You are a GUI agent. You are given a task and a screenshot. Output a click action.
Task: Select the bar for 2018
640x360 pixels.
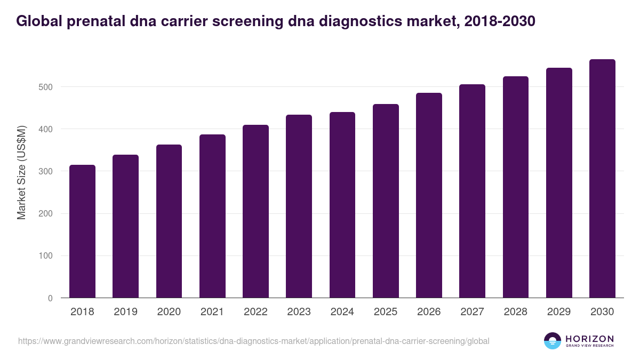click(82, 231)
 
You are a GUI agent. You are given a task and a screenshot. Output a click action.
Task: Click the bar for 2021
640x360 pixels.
click(212, 216)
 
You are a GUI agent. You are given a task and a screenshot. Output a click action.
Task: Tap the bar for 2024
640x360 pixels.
click(342, 205)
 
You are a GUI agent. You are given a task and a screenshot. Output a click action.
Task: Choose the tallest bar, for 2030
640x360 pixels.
click(602, 179)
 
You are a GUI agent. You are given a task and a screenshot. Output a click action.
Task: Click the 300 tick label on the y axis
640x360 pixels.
click(46, 171)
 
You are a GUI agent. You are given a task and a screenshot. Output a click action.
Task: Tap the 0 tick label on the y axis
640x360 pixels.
click(50, 298)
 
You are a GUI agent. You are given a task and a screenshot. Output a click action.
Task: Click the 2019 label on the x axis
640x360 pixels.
click(125, 312)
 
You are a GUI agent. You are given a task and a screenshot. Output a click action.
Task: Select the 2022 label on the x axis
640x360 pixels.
click(255, 312)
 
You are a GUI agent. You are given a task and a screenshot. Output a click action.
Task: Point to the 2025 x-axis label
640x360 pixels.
click(386, 312)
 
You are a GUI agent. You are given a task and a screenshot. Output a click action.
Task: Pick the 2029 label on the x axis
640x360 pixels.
click(559, 312)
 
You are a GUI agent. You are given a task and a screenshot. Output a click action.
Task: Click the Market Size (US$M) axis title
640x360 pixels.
click(21, 171)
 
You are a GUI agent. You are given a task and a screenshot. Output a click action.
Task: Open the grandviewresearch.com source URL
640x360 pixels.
click(253, 341)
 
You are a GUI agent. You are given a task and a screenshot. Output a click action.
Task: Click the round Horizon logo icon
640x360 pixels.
click(552, 341)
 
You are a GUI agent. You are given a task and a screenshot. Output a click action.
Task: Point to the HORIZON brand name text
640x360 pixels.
click(589, 339)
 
